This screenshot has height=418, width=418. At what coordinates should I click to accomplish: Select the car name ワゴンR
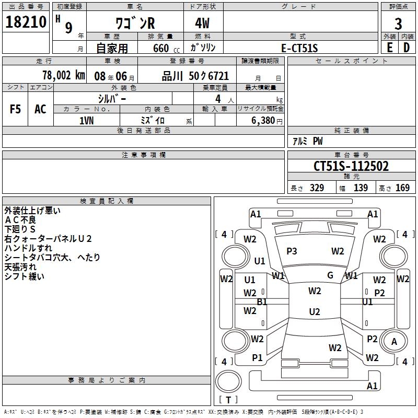point(134,25)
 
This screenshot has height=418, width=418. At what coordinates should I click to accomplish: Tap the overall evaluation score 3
point(398,24)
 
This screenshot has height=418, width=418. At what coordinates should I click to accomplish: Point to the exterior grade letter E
point(390,48)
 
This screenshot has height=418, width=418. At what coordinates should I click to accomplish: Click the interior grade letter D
point(407,48)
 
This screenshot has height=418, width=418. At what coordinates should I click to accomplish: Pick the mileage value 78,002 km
point(63,75)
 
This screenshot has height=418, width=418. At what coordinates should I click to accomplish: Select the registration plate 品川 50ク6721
point(195,76)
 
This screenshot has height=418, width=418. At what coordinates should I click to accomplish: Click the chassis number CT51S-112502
point(351,166)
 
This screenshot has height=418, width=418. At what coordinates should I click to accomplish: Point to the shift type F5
point(15,109)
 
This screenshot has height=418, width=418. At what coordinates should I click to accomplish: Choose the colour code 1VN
point(87,120)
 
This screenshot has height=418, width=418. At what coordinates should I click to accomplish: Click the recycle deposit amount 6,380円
point(267,120)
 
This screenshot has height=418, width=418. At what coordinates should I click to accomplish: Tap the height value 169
point(402,188)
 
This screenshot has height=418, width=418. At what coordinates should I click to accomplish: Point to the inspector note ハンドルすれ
point(28,248)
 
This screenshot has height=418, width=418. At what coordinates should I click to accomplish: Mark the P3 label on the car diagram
point(292,251)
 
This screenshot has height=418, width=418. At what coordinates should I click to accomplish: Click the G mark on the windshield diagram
point(330,275)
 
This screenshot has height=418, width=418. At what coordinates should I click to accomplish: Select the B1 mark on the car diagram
point(262,301)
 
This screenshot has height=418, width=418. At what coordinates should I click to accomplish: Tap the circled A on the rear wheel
point(394,342)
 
